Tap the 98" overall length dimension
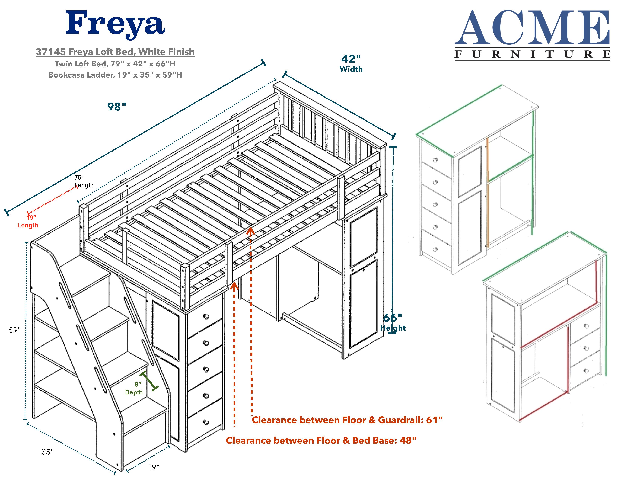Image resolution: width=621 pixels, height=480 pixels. [x=117, y=107]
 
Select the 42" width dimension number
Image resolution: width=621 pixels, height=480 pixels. [x=351, y=59]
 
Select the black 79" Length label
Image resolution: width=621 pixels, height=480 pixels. [x=84, y=181]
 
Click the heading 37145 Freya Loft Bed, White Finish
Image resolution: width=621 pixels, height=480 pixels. [x=115, y=52]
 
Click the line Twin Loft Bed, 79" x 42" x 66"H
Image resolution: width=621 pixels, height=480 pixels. [x=115, y=64]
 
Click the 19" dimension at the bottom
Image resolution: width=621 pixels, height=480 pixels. [x=154, y=467]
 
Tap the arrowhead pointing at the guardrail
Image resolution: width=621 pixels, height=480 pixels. [x=250, y=231]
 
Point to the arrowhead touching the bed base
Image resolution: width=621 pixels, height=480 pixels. [x=234, y=286]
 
